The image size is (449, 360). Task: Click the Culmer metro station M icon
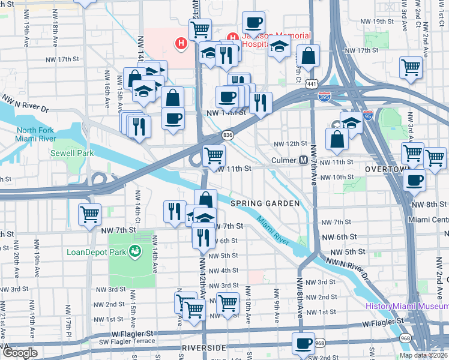click(x=304, y=160)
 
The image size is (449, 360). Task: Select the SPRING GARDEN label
click(x=265, y=203)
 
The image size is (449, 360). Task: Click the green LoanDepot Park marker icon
click(x=136, y=251)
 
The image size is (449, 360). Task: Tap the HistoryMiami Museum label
click(x=406, y=307)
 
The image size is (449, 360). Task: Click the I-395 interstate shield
click(x=324, y=97)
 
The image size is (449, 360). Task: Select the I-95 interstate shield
click(x=368, y=113)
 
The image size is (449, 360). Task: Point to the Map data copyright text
click(x=424, y=355)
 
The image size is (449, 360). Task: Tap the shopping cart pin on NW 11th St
click(x=214, y=155)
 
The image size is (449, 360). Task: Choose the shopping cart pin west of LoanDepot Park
click(x=89, y=213)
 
